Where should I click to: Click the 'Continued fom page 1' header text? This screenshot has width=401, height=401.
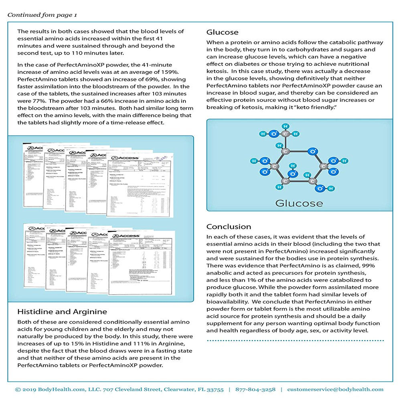(x=42, y=15)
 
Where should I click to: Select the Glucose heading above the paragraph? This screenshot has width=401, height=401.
(x=222, y=32)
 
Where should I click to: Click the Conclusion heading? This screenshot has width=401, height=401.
(x=229, y=227)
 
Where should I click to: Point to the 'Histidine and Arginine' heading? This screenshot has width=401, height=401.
(x=62, y=312)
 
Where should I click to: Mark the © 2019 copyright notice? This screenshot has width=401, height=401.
(x=28, y=389)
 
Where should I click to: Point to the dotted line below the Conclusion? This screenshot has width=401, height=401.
(x=295, y=340)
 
